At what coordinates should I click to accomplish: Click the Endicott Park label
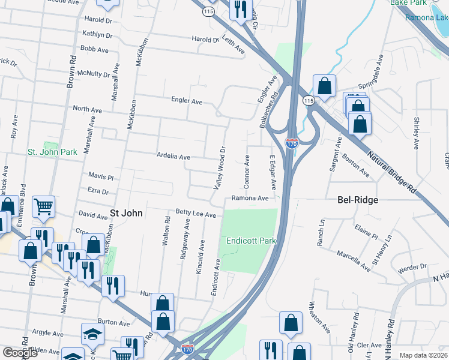click(x=251, y=241)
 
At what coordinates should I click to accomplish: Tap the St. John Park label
click(x=52, y=152)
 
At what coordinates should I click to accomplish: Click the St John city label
click(x=125, y=212)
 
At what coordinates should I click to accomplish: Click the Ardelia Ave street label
click(x=173, y=157)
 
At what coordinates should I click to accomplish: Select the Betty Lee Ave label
click(x=195, y=213)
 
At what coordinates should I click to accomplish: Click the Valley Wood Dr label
click(x=220, y=167)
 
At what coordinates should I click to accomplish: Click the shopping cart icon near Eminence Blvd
click(x=44, y=207)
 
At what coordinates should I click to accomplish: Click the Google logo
click(x=20, y=353)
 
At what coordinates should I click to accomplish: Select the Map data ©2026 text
click(x=424, y=355)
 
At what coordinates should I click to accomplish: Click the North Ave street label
click(x=87, y=109)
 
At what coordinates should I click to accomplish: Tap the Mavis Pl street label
click(x=100, y=177)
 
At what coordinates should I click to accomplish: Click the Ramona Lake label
click(x=427, y=17)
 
